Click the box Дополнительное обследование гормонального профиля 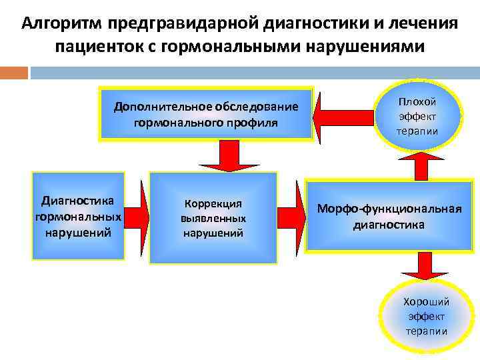(205, 114)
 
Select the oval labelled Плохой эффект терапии (417, 115)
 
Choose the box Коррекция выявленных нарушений (213, 217)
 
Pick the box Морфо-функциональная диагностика (389, 216)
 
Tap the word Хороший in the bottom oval (426, 301)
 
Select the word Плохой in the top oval (417, 101)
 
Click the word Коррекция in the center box (213, 204)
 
